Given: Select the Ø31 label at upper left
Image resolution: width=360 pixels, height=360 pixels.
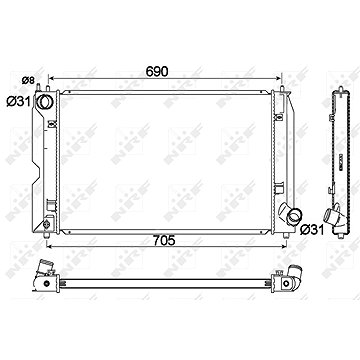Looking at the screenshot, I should click(18, 99).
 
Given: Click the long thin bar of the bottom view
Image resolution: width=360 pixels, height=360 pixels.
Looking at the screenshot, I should click(170, 276).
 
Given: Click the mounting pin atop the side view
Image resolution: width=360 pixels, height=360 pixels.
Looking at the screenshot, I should click(335, 85).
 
